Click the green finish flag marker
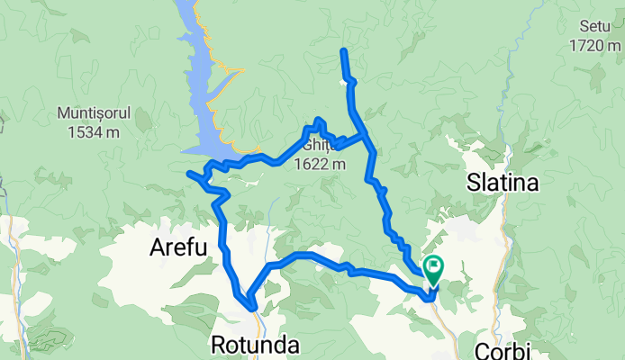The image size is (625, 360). (x=435, y=266)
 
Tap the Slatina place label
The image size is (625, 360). (x=503, y=184)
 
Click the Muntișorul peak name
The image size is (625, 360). (x=95, y=115)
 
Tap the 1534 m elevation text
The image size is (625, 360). (x=95, y=131)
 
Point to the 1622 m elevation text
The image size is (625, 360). (x=320, y=164)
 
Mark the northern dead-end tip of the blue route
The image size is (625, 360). (x=343, y=50)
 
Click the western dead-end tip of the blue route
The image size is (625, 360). (x=188, y=173)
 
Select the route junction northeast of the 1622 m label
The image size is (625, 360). (x=365, y=136)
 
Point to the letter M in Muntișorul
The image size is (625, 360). (x=63, y=115)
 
